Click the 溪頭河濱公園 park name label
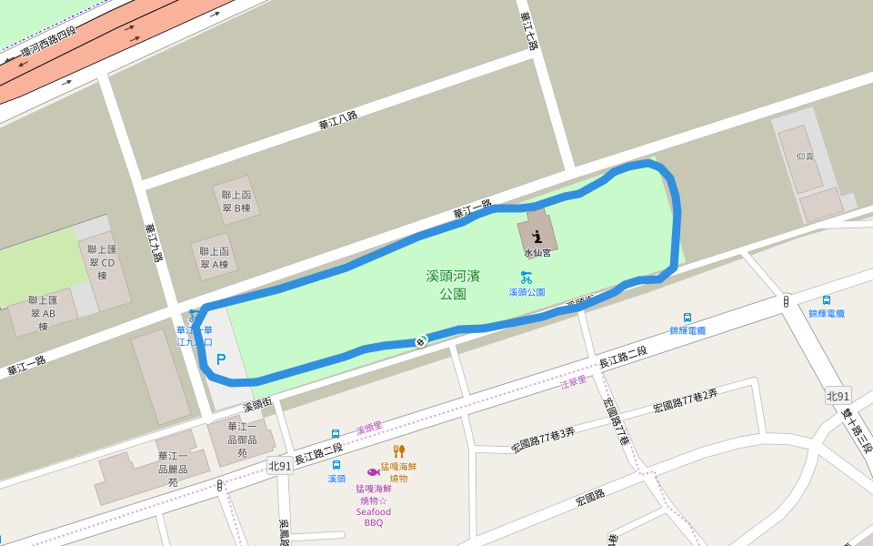[453, 284]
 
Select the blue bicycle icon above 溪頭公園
[527, 277]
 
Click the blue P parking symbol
[221, 359]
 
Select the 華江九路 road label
[153, 243]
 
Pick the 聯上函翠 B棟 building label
[236, 201]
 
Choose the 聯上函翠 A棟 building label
[215, 258]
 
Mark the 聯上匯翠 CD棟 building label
[102, 262]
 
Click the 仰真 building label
[805, 157]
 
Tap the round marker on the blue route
[420, 341]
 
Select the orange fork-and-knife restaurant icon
[398, 450]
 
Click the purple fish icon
[373, 472]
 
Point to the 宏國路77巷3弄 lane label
[543, 440]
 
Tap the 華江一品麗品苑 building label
[173, 469]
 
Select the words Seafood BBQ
[374, 517]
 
